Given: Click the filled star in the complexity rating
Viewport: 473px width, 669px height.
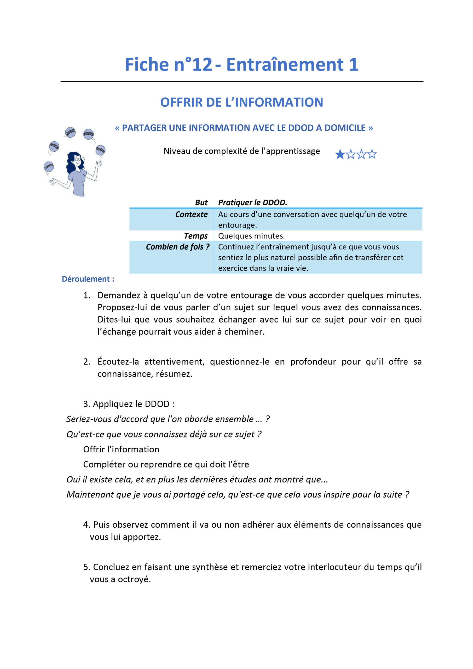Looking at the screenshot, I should tap(340, 154).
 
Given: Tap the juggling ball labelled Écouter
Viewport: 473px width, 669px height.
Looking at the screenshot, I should tap(49, 167).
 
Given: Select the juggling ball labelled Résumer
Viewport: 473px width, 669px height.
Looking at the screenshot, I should tap(88, 134).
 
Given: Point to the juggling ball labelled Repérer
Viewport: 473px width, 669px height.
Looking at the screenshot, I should tap(100, 150).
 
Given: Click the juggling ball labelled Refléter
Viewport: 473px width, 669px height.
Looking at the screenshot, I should tap(54, 146).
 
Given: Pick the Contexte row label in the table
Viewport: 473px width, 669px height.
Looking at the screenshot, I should tap(191, 215).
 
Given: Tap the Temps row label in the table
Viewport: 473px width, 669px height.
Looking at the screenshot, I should tap(195, 236).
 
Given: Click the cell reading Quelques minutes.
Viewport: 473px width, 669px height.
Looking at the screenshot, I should tap(251, 236).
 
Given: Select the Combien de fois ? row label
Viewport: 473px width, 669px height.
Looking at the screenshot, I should tap(177, 247).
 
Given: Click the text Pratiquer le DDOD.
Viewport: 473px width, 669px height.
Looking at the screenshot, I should tap(252, 203).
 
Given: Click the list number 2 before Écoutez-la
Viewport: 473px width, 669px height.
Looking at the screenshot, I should tap(86, 362).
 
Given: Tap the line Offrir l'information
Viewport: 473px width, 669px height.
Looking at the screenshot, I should tap(121, 449).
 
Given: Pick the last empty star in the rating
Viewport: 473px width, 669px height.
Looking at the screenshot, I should tap(372, 154).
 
